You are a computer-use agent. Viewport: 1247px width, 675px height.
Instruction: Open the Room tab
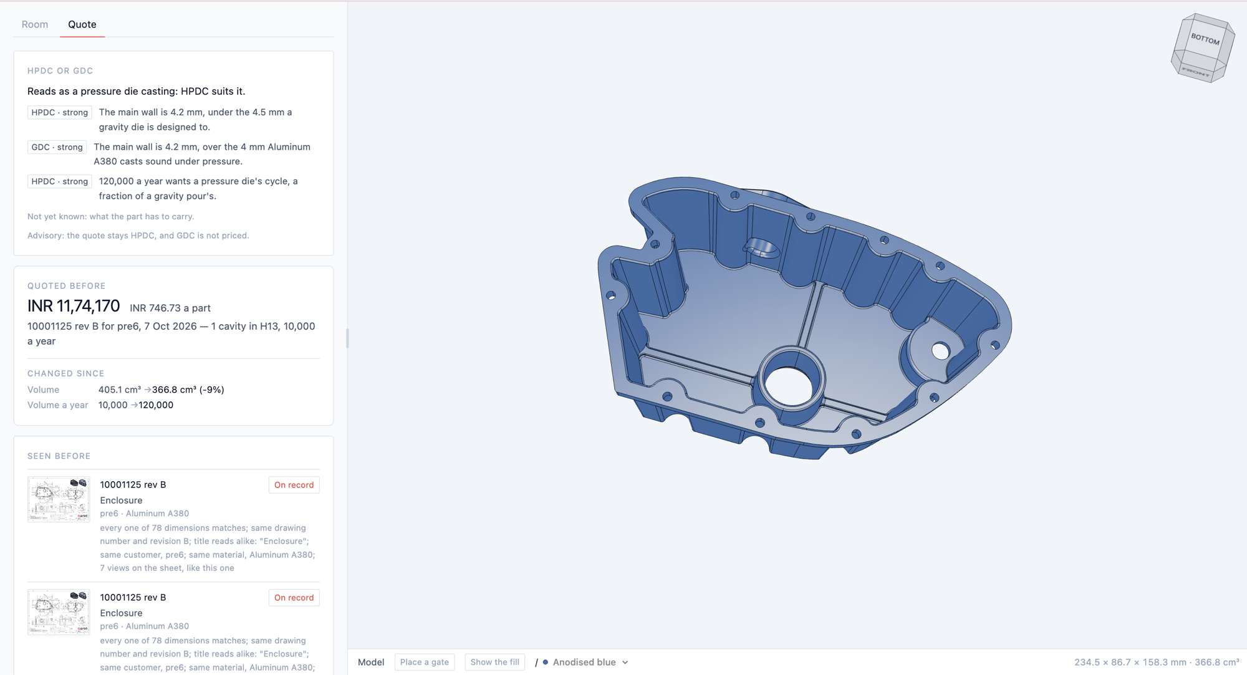tap(35, 24)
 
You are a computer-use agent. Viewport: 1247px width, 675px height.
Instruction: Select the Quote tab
tap(82, 24)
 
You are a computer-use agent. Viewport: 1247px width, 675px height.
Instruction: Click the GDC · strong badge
tap(57, 147)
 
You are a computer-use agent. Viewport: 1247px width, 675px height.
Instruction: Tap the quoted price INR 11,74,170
tap(74, 306)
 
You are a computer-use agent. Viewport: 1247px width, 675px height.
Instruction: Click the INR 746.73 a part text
tap(170, 308)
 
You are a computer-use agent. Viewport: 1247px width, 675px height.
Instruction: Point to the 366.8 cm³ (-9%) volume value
tap(188, 390)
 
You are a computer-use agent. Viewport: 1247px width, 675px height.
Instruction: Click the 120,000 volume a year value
tap(156, 405)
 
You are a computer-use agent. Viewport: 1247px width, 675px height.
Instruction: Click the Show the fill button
tap(495, 662)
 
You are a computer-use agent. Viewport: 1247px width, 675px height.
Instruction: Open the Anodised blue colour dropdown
tap(585, 662)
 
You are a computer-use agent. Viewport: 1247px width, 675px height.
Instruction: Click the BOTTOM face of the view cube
tap(1205, 39)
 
